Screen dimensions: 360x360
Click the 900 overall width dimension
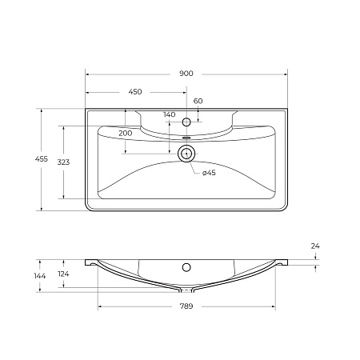tap(186, 74)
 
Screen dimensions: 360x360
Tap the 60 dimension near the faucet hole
tap(198, 101)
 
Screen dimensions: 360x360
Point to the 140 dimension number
tap(169, 115)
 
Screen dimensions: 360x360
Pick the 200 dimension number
tap(126, 132)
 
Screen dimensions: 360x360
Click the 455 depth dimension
tap(30, 160)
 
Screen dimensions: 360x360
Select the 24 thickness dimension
tap(315, 246)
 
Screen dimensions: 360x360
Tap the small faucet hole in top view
tap(186, 122)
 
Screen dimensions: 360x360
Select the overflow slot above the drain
tap(186, 137)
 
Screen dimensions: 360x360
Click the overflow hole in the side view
tap(186, 267)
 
